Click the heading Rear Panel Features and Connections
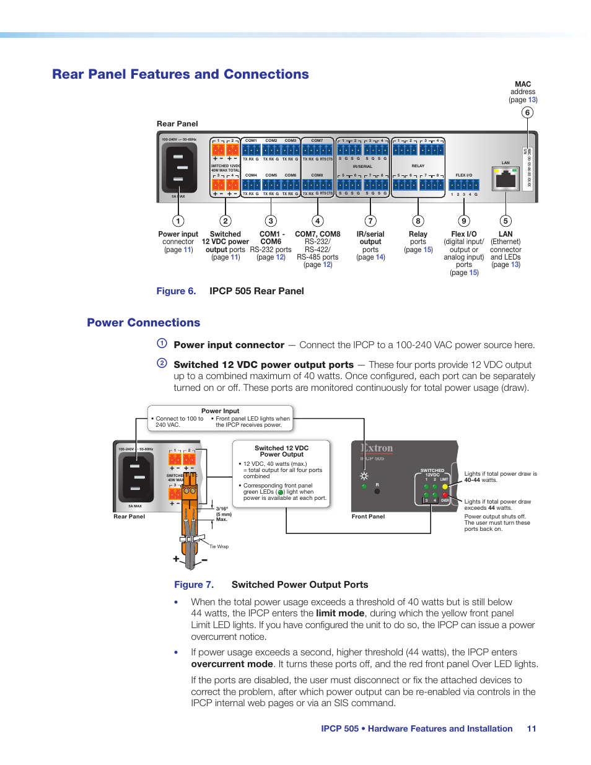click(180, 74)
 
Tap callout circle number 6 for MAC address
click(527, 112)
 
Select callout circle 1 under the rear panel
click(178, 221)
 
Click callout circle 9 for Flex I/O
click(464, 221)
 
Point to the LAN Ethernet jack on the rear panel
click(506, 179)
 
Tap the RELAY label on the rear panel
click(418, 166)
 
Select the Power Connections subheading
click(143, 323)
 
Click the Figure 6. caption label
click(176, 291)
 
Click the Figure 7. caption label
click(194, 585)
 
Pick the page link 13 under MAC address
click(532, 100)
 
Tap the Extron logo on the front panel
click(377, 448)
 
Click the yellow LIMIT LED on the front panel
click(445, 486)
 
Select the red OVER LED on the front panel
click(445, 495)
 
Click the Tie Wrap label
click(219, 546)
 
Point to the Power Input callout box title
click(220, 411)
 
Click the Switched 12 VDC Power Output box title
click(282, 451)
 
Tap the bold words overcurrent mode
click(232, 664)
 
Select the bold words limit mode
click(340, 613)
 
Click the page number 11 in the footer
click(532, 729)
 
